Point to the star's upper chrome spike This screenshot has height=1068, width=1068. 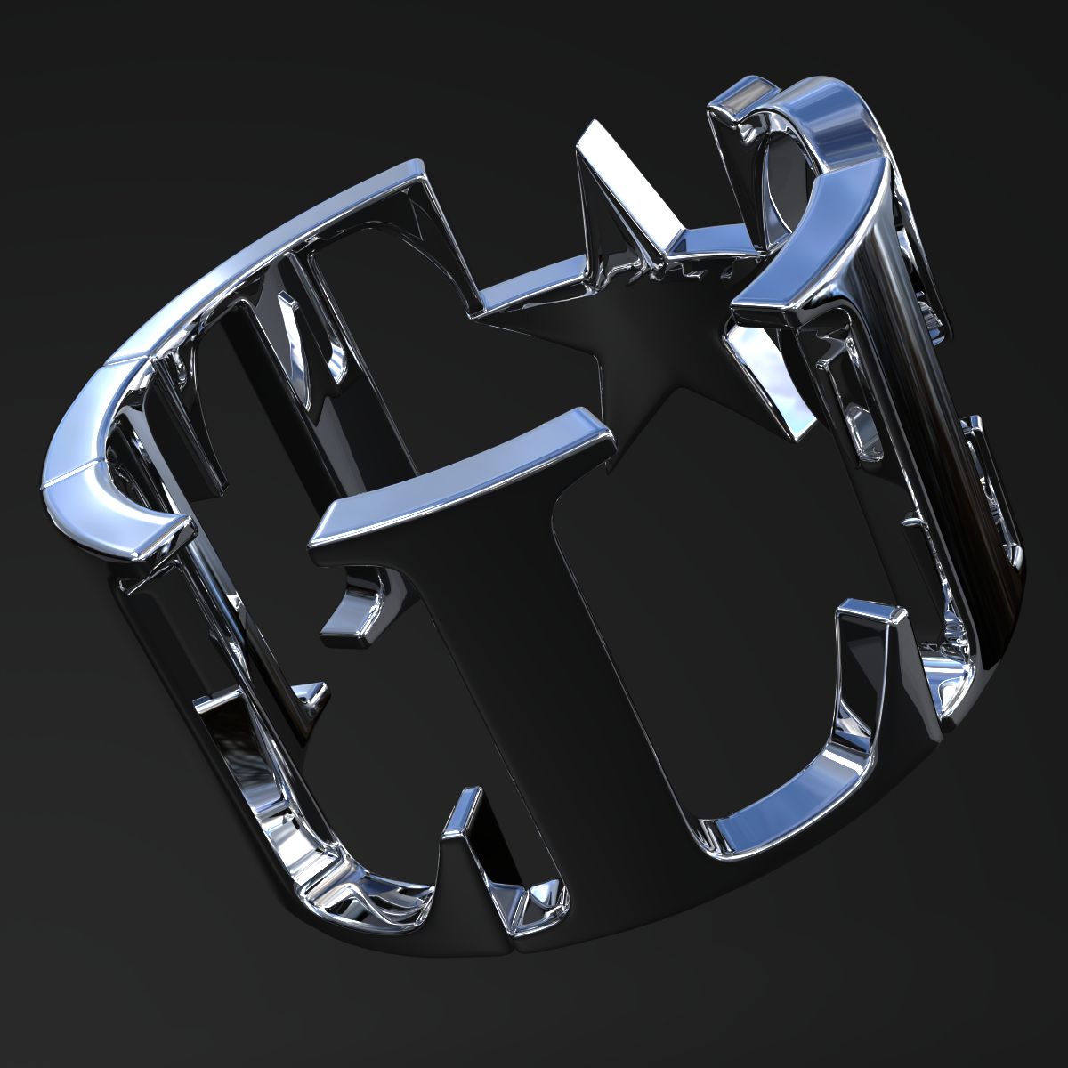(x=614, y=178)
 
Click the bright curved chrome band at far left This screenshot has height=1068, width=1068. (x=98, y=498)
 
